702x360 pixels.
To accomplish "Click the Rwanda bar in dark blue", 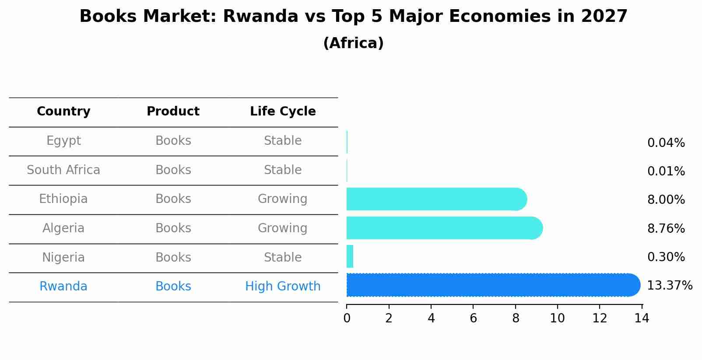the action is pyautogui.click(x=493, y=285).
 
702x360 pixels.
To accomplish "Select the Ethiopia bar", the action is pyautogui.click(x=437, y=199).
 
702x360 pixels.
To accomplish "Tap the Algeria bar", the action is pyautogui.click(x=445, y=228).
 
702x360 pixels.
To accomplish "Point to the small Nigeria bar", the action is pyautogui.click(x=350, y=256).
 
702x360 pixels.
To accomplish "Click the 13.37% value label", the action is pyautogui.click(x=670, y=286).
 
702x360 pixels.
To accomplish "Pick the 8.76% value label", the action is pyautogui.click(x=666, y=228).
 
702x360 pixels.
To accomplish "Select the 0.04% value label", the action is pyautogui.click(x=666, y=143).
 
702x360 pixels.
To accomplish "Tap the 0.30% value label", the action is pyautogui.click(x=666, y=257).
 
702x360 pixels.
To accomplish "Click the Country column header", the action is pyautogui.click(x=63, y=112).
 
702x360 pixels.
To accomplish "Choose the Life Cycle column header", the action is pyautogui.click(x=283, y=112).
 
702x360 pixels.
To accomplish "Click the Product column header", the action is pyautogui.click(x=173, y=111).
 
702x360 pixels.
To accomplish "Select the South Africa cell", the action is pyautogui.click(x=63, y=170).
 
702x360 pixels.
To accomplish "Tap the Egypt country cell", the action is pyautogui.click(x=63, y=141).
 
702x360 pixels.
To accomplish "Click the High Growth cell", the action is pyautogui.click(x=283, y=287).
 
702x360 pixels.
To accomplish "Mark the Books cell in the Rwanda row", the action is pyautogui.click(x=173, y=286).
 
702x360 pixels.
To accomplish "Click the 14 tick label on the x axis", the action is pyautogui.click(x=642, y=318).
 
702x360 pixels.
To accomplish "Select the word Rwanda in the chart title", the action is pyautogui.click(x=260, y=16).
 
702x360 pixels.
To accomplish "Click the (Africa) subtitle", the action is pyautogui.click(x=353, y=43).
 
